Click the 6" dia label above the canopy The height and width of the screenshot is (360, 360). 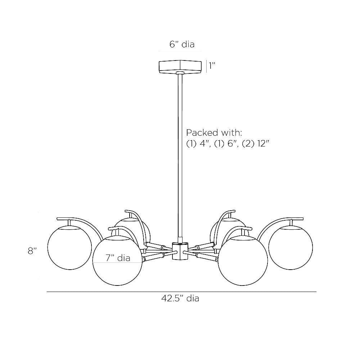[182, 44]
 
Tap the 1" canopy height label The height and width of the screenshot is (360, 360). [212, 66]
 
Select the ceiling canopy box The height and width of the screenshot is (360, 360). [180, 67]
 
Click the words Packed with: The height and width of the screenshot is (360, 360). [214, 133]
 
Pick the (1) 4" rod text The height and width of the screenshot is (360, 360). [198, 144]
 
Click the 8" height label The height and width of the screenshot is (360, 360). [32, 251]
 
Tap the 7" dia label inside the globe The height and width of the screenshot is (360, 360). [118, 258]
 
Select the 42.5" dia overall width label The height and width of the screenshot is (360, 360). [180, 298]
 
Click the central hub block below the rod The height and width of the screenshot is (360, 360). [180, 251]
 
